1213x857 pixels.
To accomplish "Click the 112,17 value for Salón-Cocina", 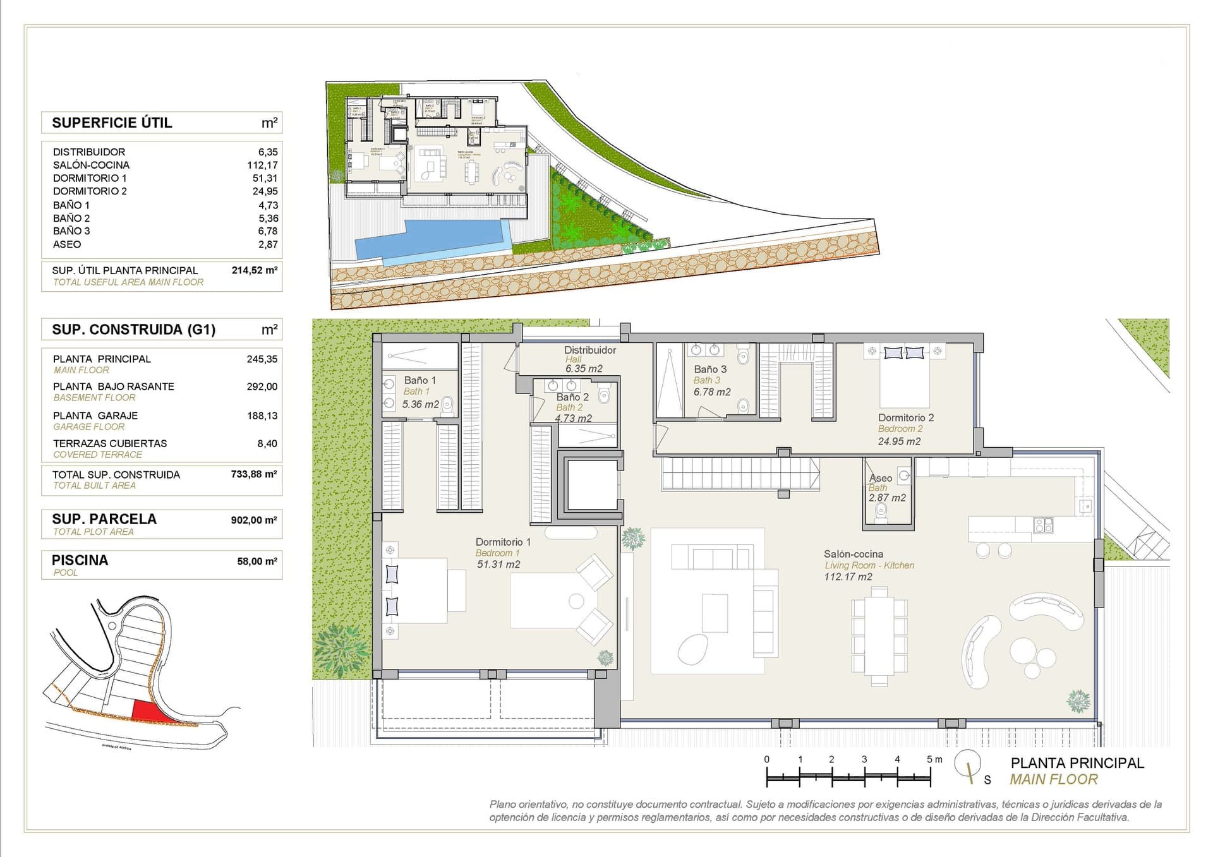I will coord(262,165).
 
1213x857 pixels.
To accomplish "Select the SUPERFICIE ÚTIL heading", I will coord(112,123).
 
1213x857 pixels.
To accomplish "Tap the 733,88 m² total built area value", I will coord(253,474).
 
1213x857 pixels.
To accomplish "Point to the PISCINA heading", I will coord(80,560).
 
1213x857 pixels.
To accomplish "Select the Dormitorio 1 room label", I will coord(503,542).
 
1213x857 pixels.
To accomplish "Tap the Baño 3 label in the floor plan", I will coord(710,369).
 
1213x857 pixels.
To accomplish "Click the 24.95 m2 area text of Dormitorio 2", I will coord(899,441).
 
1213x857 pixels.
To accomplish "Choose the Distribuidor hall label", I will coord(590,350).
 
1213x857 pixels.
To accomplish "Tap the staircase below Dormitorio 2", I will coord(739,474).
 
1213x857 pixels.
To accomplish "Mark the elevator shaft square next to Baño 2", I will coord(591,485).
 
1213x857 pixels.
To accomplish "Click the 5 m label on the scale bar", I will coord(934,759).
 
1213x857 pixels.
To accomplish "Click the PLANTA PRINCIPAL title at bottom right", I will coord(1077,763).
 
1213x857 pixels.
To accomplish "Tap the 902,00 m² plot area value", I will coord(253,520).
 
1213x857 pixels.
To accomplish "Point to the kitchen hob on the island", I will coord(1043,524).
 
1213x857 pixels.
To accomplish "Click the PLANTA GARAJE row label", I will coord(95,416).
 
